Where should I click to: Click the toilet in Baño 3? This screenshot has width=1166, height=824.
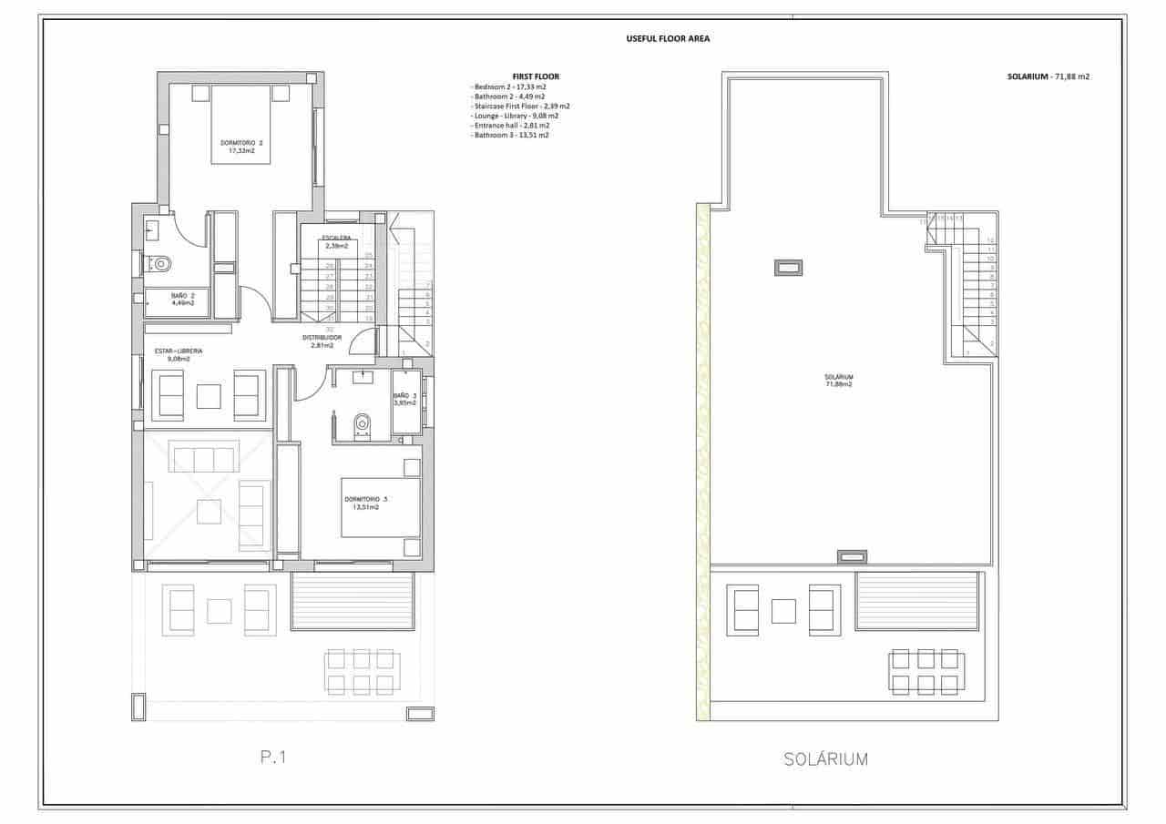[363, 423]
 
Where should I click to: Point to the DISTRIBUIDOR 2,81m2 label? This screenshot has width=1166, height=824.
[322, 341]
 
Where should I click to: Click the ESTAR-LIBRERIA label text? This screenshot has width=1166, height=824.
[179, 351]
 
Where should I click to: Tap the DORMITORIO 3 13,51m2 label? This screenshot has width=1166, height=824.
[366, 503]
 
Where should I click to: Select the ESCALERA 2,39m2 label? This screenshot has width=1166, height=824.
[336, 241]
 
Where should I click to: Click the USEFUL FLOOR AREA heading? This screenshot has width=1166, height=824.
[668, 39]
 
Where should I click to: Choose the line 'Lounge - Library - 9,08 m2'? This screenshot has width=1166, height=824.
[515, 116]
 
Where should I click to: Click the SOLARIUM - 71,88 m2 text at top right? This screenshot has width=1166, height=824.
[1048, 77]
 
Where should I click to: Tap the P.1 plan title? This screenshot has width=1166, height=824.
[273, 756]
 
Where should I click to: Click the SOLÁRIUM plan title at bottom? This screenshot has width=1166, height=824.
[825, 758]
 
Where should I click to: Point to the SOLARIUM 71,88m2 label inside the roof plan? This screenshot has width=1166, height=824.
[838, 381]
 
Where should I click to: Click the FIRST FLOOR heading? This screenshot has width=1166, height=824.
[536, 76]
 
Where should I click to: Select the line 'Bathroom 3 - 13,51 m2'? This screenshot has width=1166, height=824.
[510, 135]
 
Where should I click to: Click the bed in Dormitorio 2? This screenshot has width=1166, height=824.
[241, 125]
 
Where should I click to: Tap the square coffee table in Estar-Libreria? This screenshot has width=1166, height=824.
[209, 397]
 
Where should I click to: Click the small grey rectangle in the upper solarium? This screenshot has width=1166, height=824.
[788, 268]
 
